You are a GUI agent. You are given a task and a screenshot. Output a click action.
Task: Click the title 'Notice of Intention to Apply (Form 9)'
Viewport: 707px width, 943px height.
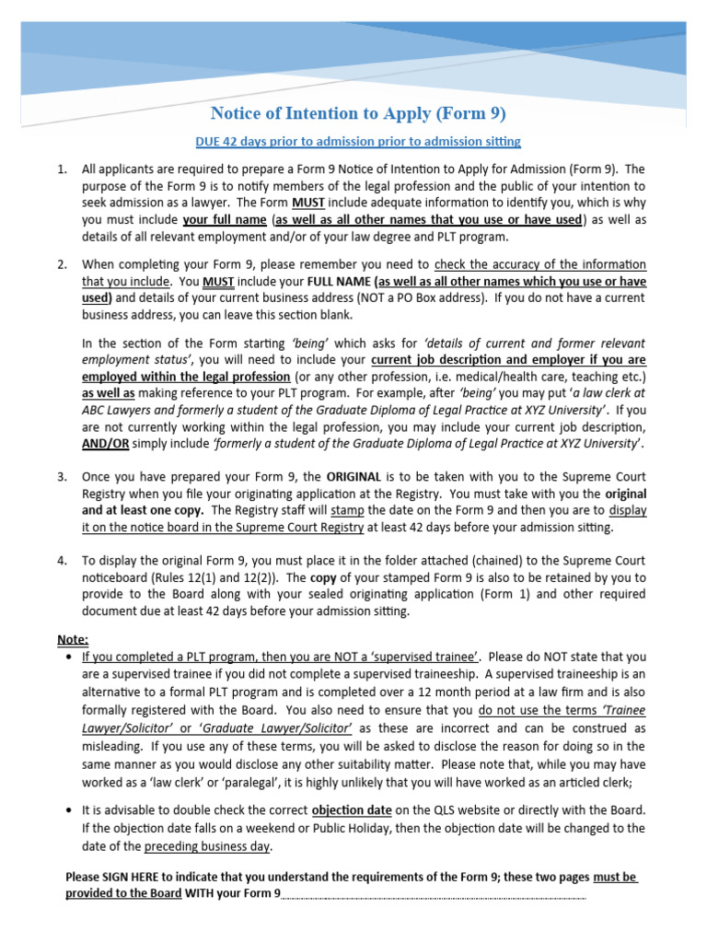tap(358, 114)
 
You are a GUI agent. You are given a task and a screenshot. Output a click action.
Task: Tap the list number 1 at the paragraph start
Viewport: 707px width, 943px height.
tap(61, 169)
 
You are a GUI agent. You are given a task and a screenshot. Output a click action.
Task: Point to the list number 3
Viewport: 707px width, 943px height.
tap(61, 476)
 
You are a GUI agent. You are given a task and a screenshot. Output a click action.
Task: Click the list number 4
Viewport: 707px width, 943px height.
tap(61, 561)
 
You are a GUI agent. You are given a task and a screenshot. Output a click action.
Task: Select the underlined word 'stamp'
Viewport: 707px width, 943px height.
tap(347, 510)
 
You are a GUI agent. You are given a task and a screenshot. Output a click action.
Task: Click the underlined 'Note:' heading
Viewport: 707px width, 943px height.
tap(75, 640)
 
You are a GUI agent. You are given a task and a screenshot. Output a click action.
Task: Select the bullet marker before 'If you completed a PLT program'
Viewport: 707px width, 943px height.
tap(70, 658)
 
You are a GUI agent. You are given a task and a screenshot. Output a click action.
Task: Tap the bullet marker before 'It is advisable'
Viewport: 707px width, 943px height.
tap(70, 810)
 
